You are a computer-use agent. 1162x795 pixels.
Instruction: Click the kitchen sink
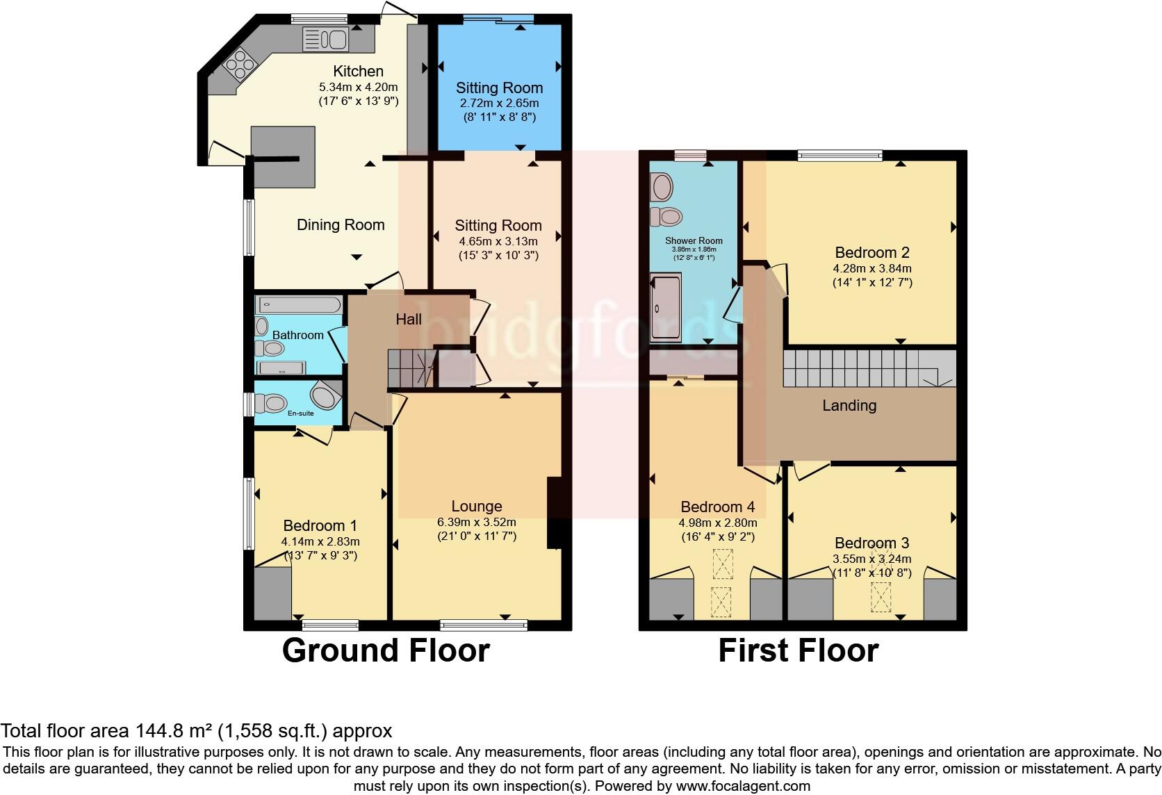[325, 40]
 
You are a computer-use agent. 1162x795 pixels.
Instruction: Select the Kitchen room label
[358, 71]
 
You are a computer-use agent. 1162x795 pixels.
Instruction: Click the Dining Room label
[341, 224]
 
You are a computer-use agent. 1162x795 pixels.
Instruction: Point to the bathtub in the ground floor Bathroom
[298, 304]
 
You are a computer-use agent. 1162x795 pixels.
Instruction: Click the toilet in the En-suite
[272, 403]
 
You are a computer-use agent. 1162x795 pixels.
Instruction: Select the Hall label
[409, 320]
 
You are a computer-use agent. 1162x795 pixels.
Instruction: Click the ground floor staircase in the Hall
[410, 368]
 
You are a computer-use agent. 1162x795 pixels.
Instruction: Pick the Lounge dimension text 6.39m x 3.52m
[477, 522]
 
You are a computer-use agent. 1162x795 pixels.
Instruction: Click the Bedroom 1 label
[320, 525]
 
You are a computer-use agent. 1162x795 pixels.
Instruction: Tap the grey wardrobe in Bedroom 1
[272, 593]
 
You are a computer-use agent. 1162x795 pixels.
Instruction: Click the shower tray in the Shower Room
[666, 307]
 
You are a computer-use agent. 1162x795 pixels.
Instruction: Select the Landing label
[849, 405]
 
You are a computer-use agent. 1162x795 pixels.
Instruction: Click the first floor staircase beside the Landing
[862, 368]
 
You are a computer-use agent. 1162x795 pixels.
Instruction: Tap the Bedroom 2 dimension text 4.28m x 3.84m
[872, 268]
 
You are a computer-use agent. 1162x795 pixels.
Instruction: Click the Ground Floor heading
[386, 650]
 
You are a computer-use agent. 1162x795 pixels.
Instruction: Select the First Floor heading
[798, 650]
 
